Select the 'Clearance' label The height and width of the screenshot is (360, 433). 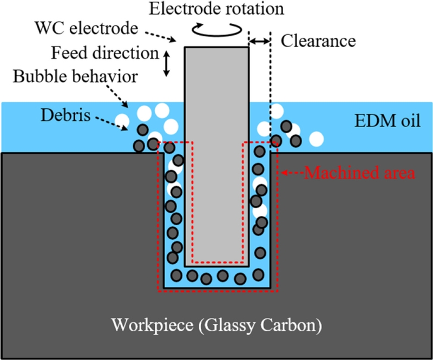(318, 41)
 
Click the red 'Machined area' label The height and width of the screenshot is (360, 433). (359, 174)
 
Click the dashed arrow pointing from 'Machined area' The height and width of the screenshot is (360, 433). (292, 174)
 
